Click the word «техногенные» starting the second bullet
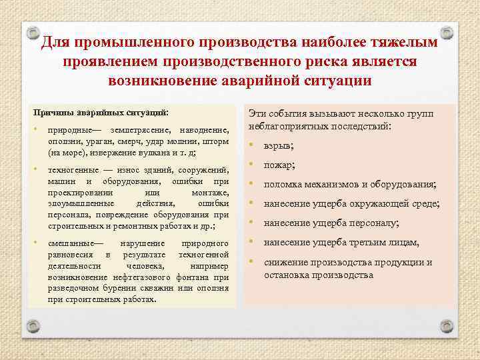[x=72, y=171]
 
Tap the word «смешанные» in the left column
[x=73, y=243]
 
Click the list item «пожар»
[x=279, y=165]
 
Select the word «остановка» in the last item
[x=285, y=275]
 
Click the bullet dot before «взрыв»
[x=252, y=145]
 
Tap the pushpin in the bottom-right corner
[x=449, y=328]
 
